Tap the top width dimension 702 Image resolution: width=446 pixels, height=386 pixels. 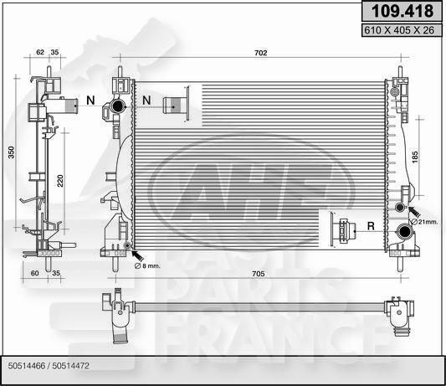pos(260,54)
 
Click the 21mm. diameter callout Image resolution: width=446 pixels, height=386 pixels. pos(427,220)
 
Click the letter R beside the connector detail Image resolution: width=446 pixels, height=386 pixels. pos(369,225)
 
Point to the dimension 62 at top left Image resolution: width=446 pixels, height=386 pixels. pos(40,52)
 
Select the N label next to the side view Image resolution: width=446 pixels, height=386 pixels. pos(91,101)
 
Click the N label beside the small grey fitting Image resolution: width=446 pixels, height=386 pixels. pos(146,101)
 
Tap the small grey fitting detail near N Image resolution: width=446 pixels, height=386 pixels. pos(175,105)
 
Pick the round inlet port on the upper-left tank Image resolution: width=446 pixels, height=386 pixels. pos(119,106)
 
